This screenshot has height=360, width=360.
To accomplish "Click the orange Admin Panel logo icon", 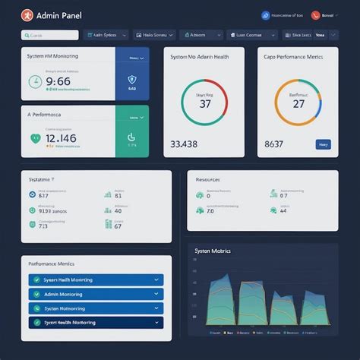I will click(28, 14).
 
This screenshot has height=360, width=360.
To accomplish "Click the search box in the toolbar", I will click(50, 34).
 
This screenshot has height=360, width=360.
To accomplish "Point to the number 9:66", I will click(58, 81).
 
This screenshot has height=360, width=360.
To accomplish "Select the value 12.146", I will click(61, 138).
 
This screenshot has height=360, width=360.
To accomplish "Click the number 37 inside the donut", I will click(204, 104).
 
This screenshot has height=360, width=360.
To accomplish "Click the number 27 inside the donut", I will click(298, 104).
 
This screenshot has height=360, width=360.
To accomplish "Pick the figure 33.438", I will click(184, 144).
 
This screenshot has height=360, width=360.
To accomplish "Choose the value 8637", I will click(273, 144).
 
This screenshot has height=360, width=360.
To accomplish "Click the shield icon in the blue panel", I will click(132, 80).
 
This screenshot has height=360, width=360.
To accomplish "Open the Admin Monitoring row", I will click(96, 294).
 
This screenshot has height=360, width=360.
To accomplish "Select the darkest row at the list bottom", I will click(96, 322).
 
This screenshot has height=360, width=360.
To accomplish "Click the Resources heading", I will click(207, 180).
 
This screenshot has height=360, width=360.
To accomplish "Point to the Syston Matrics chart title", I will click(213, 251).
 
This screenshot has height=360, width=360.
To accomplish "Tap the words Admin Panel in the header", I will click(58, 14).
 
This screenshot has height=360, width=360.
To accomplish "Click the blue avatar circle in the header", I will click(265, 14).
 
